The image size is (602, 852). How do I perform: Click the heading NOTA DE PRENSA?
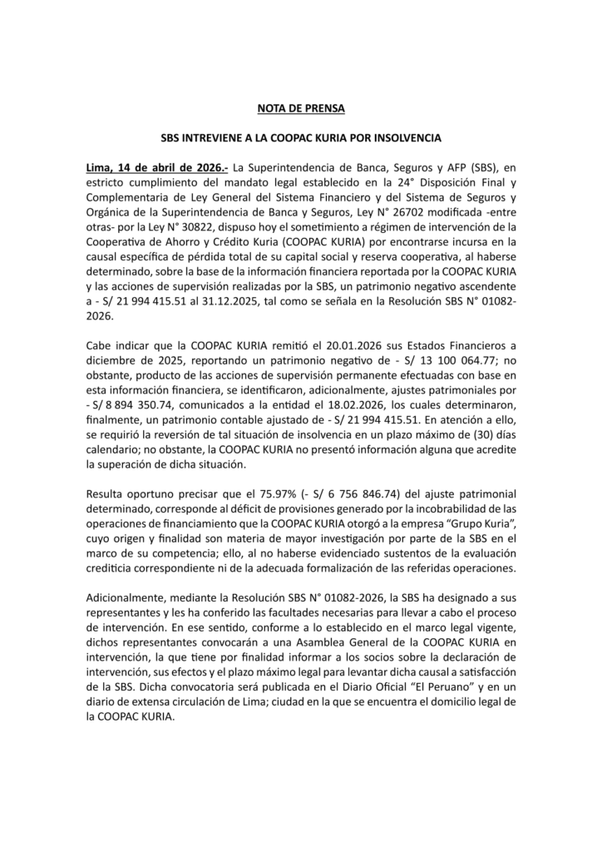[300, 108]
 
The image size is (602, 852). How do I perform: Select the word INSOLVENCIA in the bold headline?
[404, 136]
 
